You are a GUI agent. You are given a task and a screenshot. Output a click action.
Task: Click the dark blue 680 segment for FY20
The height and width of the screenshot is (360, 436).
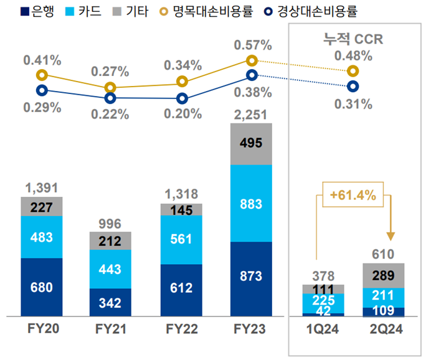click(42, 287)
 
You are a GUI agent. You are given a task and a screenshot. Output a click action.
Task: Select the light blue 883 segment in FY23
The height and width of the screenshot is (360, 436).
click(251, 204)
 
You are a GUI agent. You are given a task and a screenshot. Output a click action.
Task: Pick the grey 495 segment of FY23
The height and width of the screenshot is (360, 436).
click(251, 144)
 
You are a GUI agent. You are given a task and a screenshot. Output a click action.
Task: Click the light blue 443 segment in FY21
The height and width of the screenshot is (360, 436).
click(110, 269)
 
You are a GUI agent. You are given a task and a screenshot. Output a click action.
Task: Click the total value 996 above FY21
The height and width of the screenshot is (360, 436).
click(110, 224)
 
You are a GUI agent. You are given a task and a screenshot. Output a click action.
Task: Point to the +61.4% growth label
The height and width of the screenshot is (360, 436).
click(353, 196)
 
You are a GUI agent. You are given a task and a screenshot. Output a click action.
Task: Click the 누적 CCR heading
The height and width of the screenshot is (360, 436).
click(352, 38)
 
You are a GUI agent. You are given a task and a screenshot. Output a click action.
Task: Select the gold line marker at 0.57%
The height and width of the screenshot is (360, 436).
click(252, 60)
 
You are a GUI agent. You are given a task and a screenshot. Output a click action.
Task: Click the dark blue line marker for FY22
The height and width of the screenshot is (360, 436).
click(182, 98)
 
